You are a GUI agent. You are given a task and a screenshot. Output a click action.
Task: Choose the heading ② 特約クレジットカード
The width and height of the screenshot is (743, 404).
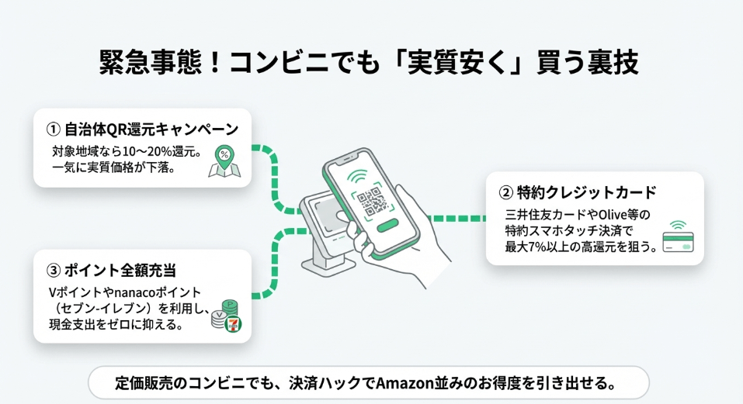point(578,192)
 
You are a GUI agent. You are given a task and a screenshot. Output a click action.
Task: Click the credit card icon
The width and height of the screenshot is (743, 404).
point(678,240)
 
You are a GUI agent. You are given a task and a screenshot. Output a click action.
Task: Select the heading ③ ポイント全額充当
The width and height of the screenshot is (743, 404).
point(112,270)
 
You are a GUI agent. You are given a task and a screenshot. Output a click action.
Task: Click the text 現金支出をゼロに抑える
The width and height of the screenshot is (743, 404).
point(116,324)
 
